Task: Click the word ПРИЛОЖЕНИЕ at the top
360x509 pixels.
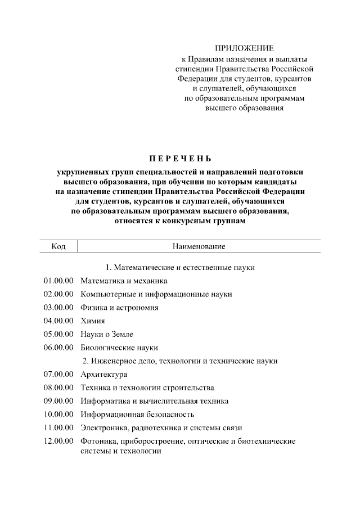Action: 244,48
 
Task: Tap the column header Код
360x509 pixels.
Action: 58,246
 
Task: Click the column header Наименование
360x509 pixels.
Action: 199,246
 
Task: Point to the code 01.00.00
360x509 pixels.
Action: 58,281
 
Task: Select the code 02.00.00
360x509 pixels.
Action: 58,294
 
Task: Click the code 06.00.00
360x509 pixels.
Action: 58,348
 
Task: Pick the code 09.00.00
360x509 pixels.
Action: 58,401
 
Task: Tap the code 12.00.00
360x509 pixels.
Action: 58,442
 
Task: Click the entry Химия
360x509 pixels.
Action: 93,321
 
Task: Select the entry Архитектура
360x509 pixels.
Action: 104,375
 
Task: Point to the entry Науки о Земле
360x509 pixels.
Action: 107,334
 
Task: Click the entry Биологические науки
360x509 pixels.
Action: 119,348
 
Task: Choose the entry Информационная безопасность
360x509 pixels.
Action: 137,415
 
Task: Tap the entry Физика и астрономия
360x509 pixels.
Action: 119,308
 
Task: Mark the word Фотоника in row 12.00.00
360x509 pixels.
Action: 98,442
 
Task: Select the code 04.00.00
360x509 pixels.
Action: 58,321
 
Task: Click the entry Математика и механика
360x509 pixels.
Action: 124,281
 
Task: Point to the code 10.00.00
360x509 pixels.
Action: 58,415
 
